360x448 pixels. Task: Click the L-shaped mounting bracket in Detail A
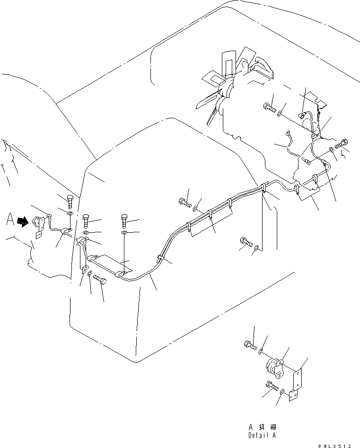[296, 384]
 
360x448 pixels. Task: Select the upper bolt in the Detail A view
[250, 346]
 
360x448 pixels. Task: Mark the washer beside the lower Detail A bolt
[282, 391]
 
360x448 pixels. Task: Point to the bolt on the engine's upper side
[270, 107]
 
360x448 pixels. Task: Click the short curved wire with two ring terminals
[292, 146]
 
